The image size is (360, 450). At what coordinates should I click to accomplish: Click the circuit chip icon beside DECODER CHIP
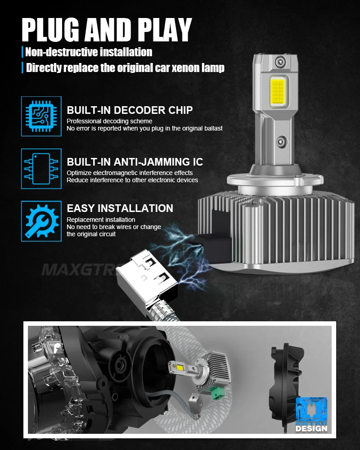[x=41, y=117]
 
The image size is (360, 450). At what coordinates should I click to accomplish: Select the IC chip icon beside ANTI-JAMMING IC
[x=41, y=169]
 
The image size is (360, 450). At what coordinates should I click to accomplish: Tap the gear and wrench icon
[x=41, y=221]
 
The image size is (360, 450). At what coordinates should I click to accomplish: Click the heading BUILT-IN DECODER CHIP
[x=130, y=110]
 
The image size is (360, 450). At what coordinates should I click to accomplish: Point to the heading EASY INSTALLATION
[x=120, y=208]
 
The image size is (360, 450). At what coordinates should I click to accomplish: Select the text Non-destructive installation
[x=89, y=52]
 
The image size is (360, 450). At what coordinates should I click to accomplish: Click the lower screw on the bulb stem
[x=280, y=141]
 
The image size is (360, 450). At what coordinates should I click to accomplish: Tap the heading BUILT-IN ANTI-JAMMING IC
[x=135, y=162]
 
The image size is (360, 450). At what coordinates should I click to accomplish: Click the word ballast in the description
[x=211, y=128]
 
